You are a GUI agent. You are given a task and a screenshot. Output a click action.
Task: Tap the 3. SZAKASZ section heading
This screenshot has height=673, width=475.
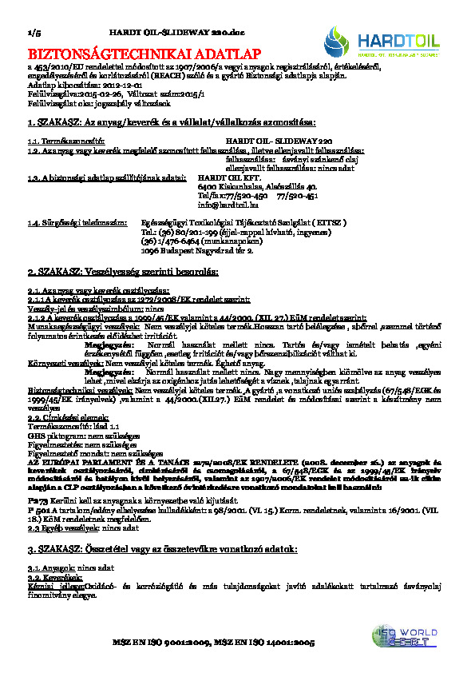pyautogui.click(x=162, y=551)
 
